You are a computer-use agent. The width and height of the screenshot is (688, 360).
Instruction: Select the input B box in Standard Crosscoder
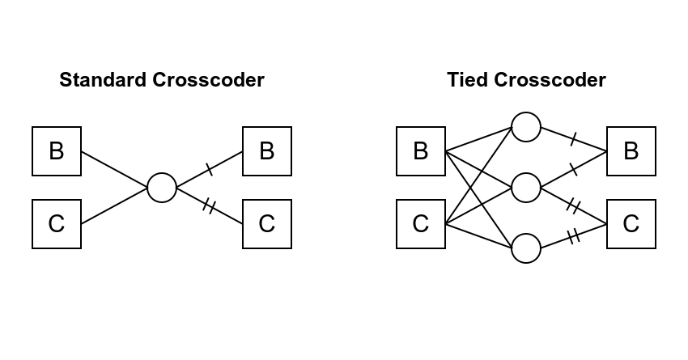pos(57,151)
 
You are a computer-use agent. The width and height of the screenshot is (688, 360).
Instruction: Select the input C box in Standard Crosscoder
pos(57,224)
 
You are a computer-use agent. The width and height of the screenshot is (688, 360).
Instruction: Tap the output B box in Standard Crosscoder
pos(267,151)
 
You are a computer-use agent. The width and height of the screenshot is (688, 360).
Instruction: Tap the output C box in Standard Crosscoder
pos(267,224)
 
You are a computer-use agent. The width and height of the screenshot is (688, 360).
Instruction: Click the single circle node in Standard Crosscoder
pos(162,188)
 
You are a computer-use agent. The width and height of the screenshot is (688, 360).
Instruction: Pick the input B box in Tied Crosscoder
pos(421,151)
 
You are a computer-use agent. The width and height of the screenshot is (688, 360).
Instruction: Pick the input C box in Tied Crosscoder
pos(421,224)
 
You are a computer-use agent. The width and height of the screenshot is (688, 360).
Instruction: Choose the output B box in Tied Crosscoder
pos(631,151)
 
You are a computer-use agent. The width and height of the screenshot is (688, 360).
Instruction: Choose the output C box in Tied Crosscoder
pos(631,224)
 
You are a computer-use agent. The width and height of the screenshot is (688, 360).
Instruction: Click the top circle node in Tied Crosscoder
pos(526,127)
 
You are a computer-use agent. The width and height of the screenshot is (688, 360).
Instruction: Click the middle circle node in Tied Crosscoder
pos(526,188)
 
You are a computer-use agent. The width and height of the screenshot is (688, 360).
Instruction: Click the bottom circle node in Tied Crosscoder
pos(526,248)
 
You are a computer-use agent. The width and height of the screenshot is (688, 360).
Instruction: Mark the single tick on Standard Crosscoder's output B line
pos(210,170)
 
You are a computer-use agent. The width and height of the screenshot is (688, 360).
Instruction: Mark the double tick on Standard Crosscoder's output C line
pos(209,207)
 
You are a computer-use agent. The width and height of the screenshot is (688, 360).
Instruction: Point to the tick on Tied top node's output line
pos(573,139)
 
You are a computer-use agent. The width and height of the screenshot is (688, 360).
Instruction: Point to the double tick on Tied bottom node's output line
pos(574,236)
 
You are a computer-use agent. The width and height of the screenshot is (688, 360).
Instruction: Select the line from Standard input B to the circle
pos(114,170)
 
